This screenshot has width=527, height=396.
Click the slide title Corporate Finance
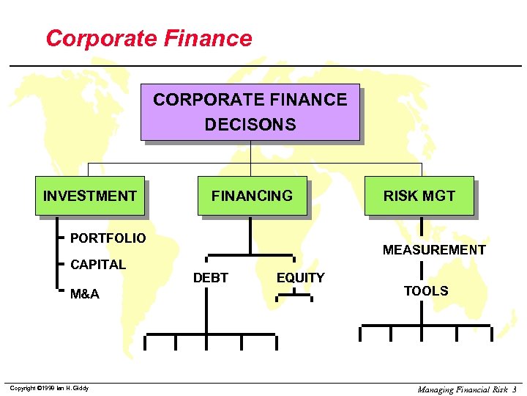pos(149,38)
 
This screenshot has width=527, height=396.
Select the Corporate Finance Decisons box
pos(250,111)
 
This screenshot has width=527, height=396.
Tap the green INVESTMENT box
pos(89,196)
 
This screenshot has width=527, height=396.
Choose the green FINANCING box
pos(252,196)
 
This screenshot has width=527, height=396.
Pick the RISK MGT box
pos(419,196)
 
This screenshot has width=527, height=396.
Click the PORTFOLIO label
pos(108,238)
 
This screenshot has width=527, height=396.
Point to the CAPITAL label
pos(98,264)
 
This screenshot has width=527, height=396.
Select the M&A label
pos(85,294)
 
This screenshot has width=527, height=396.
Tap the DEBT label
pos(210,278)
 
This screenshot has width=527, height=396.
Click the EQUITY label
pos(300,278)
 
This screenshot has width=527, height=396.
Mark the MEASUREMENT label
pos(434,250)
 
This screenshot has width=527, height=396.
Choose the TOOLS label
pos(426,291)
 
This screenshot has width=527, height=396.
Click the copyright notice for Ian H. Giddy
pos(49,388)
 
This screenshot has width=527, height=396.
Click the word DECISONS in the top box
pos(250,125)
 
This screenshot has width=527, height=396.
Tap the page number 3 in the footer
pos(515,389)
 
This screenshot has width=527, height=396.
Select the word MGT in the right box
pos(439,196)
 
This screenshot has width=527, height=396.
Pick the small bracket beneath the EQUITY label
pos(294,297)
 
